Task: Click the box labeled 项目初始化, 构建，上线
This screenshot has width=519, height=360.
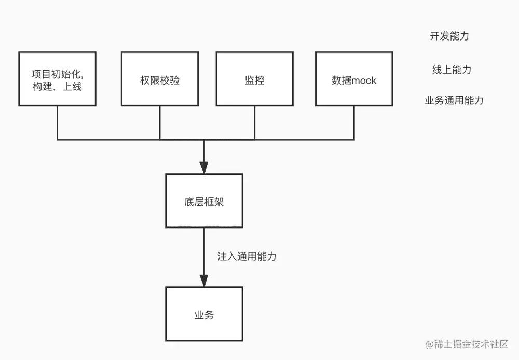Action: [57, 79]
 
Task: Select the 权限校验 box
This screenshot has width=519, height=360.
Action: [159, 79]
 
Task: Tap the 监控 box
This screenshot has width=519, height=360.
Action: [254, 79]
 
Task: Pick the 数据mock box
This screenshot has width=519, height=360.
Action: [354, 79]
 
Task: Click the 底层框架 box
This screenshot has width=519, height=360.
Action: [204, 201]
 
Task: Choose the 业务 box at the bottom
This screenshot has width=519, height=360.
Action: [204, 314]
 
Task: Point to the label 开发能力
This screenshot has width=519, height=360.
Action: [449, 36]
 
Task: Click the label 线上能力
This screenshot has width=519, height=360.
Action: [452, 70]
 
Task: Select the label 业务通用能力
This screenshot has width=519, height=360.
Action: [454, 100]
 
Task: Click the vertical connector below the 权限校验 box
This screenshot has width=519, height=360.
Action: [159, 123]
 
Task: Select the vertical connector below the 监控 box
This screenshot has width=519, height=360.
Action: [254, 123]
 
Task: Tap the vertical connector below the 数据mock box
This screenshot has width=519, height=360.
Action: [354, 123]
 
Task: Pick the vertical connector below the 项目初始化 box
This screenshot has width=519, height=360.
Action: [57, 123]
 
